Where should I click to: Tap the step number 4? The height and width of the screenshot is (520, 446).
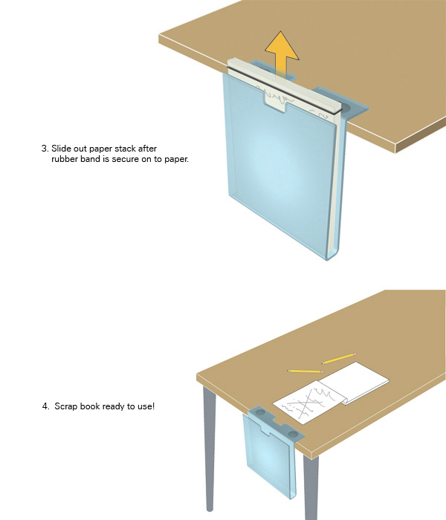(45, 407)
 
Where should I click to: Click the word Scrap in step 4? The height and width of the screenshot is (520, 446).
(67, 407)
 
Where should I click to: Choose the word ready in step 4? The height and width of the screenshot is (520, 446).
(114, 407)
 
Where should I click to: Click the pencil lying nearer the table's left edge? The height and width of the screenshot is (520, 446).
(304, 370)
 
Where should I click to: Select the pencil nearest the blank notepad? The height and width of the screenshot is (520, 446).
(340, 359)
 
